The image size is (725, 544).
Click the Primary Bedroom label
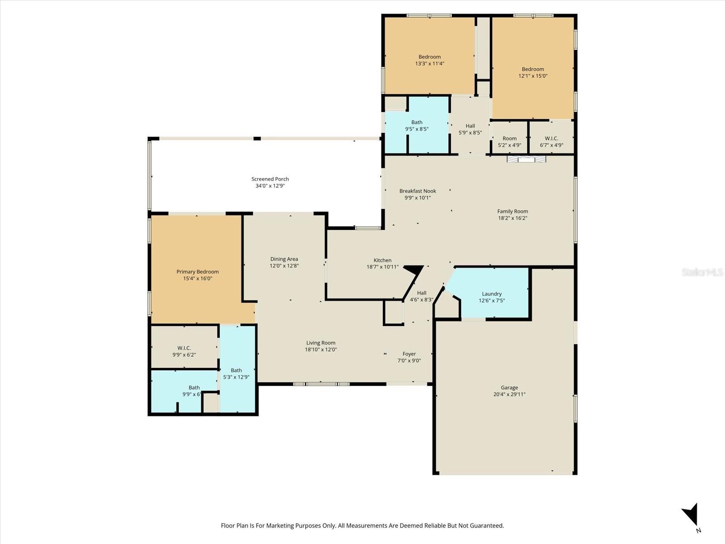click(x=198, y=272)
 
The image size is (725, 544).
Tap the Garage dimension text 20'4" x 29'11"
click(x=509, y=394)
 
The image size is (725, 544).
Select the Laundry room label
click(x=492, y=294)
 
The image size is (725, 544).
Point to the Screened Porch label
click(x=270, y=179)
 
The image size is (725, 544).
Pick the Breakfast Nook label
click(x=417, y=191)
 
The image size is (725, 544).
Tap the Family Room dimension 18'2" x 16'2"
click(x=512, y=218)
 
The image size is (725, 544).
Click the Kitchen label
click(x=382, y=260)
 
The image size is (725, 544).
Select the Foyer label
click(x=409, y=354)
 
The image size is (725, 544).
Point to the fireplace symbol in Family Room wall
click(x=526, y=159)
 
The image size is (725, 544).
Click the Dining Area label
click(x=284, y=259)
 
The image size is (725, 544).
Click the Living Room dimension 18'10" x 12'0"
click(x=321, y=350)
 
